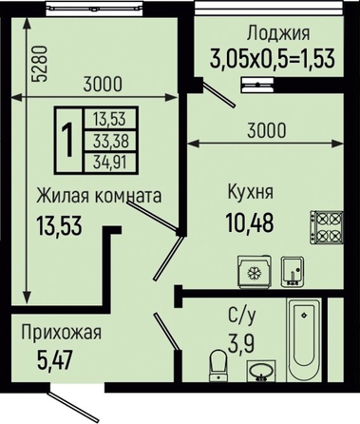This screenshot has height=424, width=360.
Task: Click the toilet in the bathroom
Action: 218,365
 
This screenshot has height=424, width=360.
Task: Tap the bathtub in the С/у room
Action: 304,339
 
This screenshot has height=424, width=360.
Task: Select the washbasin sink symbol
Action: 261,371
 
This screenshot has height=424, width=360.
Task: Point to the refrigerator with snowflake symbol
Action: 255,272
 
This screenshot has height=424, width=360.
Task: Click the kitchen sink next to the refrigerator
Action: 293,272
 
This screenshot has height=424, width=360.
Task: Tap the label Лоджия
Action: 278,33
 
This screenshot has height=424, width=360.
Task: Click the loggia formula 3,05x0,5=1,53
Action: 273,59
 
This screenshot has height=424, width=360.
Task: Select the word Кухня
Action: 251,192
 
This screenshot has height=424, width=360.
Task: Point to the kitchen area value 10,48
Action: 250,222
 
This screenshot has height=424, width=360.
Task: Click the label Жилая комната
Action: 99,196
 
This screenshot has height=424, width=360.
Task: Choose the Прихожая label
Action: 62,333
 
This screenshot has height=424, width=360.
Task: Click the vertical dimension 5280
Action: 41,64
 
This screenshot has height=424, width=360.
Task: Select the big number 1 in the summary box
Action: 68,140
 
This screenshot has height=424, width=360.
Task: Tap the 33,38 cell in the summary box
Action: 111,141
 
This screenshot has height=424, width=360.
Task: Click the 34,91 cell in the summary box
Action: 110,163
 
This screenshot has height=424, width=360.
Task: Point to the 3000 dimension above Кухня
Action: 266,130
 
